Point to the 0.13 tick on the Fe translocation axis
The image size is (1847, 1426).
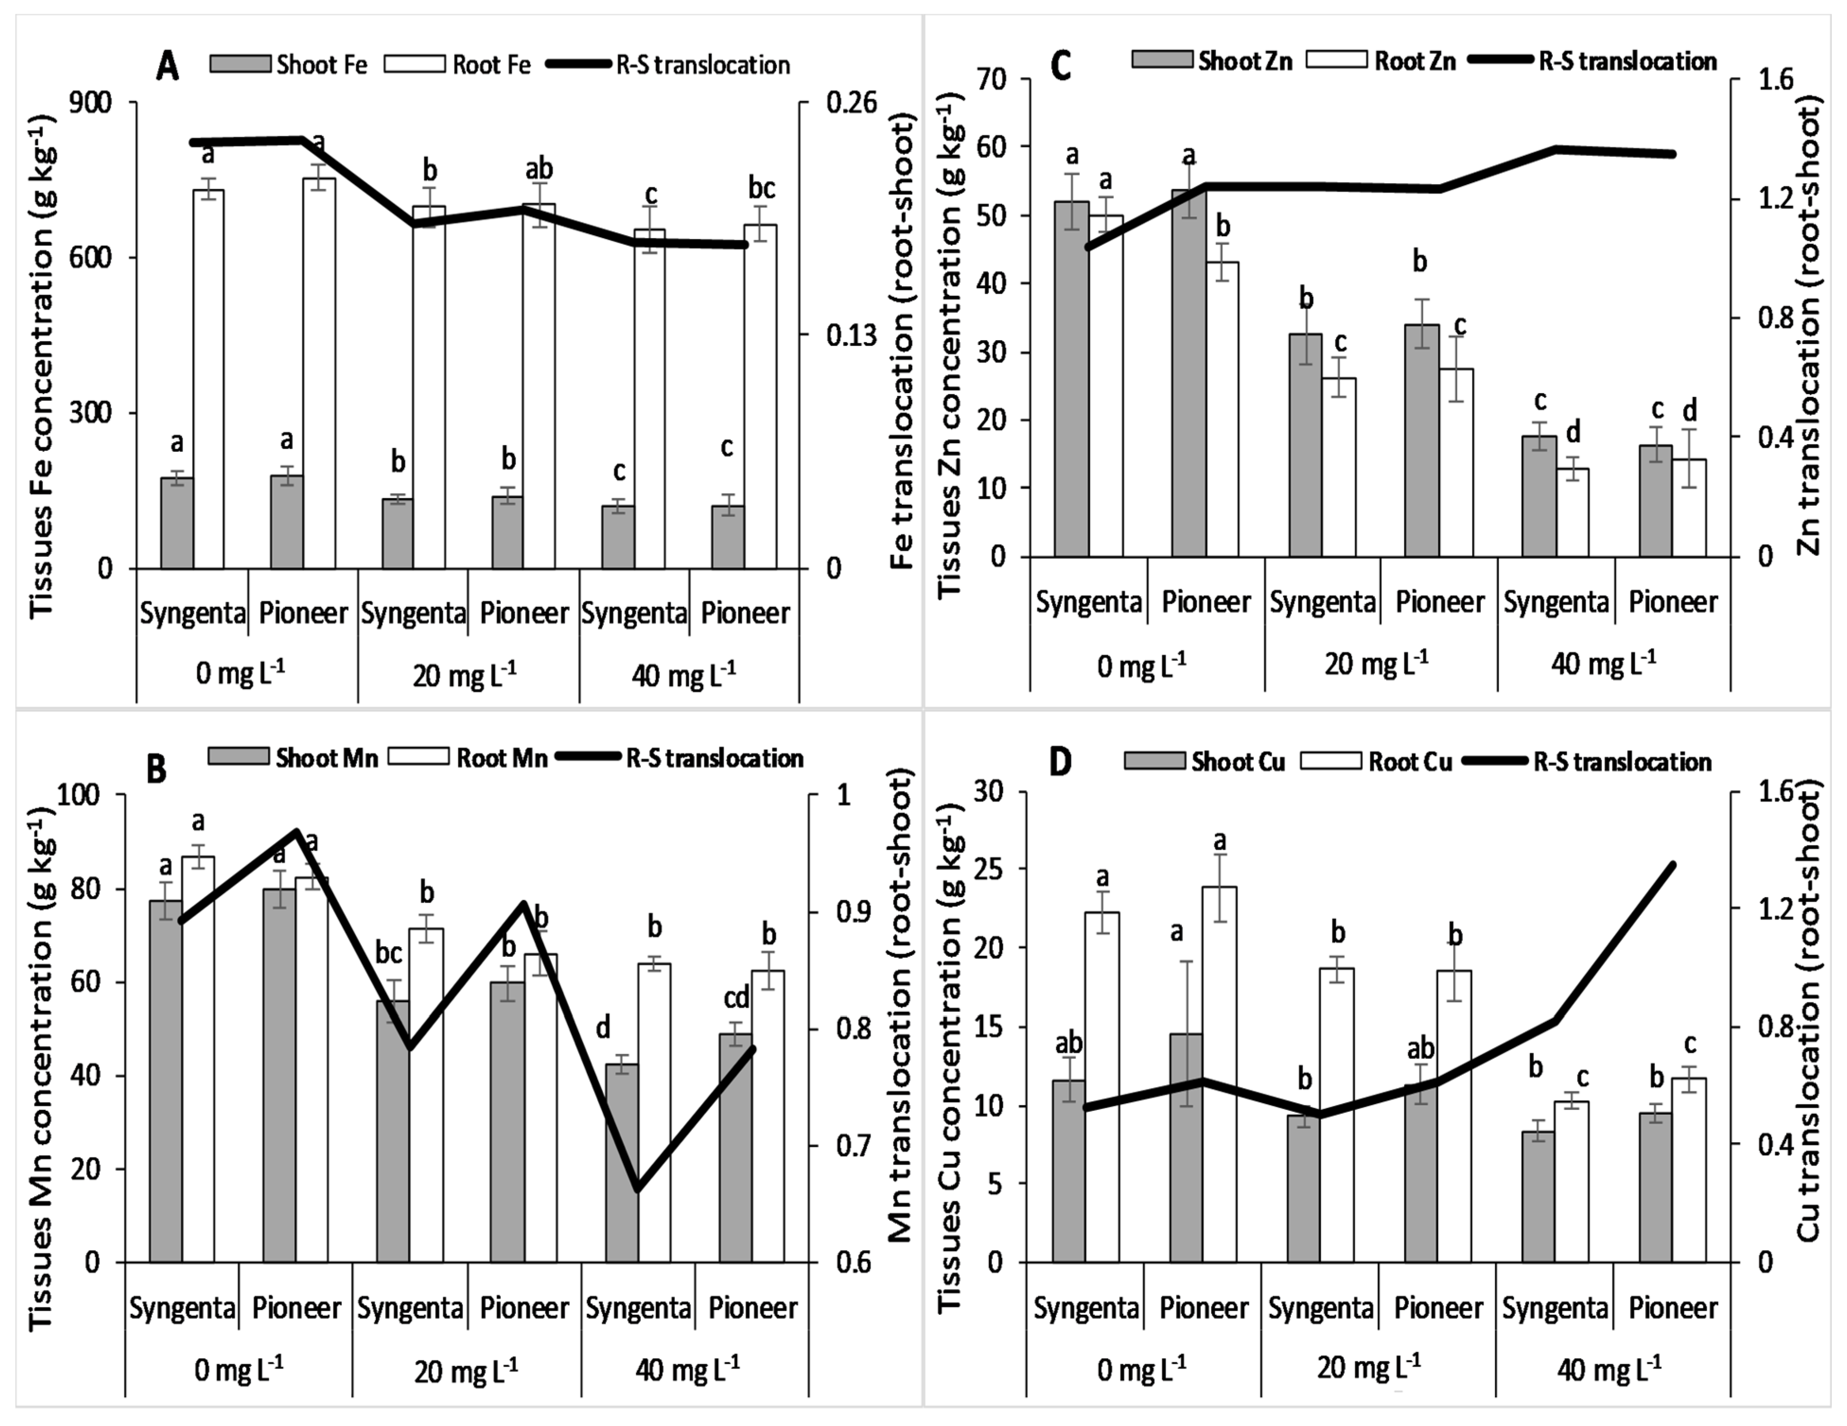[852, 336]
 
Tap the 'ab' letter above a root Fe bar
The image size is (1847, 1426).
[539, 169]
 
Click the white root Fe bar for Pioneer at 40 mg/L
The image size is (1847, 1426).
[760, 396]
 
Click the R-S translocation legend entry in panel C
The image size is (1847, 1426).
[1592, 61]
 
